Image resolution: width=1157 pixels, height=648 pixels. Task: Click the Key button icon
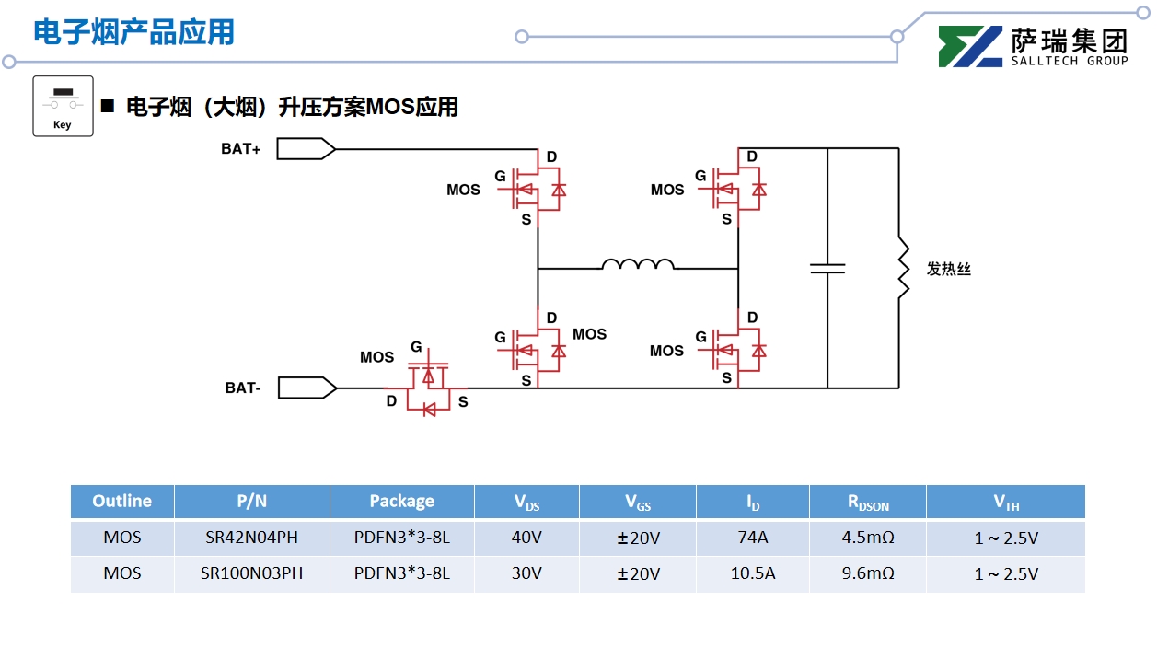[63, 106]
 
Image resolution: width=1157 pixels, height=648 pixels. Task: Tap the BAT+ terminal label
[241, 149]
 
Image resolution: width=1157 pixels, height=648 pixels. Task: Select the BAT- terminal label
[243, 388]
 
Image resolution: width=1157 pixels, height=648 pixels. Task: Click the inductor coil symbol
[637, 265]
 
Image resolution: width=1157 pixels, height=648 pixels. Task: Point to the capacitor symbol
[827, 269]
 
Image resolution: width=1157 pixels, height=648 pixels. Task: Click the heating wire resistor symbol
[903, 269]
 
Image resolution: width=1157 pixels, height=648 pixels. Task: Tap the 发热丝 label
[949, 270]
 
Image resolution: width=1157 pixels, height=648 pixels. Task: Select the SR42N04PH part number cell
[251, 538]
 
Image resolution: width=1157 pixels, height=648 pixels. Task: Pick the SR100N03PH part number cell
[251, 573]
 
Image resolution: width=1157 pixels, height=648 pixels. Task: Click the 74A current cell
[752, 538]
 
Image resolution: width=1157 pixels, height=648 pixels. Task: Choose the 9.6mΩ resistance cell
[867, 573]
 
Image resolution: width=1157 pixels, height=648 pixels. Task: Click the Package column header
[401, 502]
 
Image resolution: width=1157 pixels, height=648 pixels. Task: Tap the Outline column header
[121, 502]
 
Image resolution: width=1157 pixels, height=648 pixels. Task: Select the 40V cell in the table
[526, 538]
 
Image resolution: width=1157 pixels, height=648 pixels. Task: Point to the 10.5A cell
[752, 573]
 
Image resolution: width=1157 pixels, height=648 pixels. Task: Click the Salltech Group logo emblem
[969, 47]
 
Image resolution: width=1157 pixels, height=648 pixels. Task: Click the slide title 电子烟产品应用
[134, 32]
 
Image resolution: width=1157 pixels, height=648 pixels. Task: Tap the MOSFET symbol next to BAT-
[428, 387]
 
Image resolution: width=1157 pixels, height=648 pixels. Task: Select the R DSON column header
[867, 503]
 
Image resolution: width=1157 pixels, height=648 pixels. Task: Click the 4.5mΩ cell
[867, 538]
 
